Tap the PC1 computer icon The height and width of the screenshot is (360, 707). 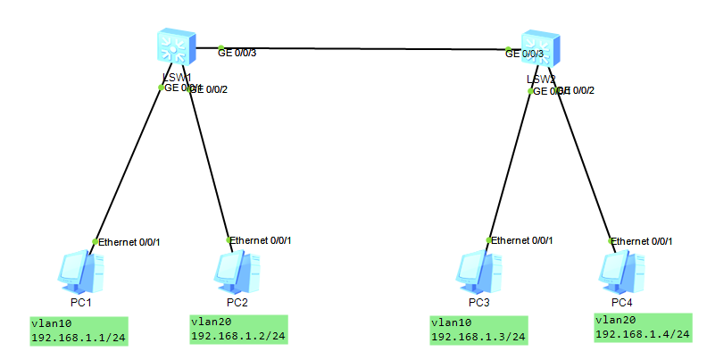click(81, 272)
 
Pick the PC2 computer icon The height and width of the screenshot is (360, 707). click(237, 272)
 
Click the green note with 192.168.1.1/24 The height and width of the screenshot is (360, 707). click(78, 331)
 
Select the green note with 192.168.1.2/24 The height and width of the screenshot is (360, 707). click(237, 329)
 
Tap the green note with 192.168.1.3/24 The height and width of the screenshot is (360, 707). click(478, 330)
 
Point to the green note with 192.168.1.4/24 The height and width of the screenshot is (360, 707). click(643, 327)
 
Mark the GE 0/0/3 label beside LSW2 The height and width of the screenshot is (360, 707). click(525, 54)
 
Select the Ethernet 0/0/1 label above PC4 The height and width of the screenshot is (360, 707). click(642, 241)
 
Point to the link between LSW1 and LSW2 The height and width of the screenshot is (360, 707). click(357, 48)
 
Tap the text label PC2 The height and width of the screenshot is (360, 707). click(237, 302)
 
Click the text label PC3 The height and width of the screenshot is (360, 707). click(478, 302)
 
